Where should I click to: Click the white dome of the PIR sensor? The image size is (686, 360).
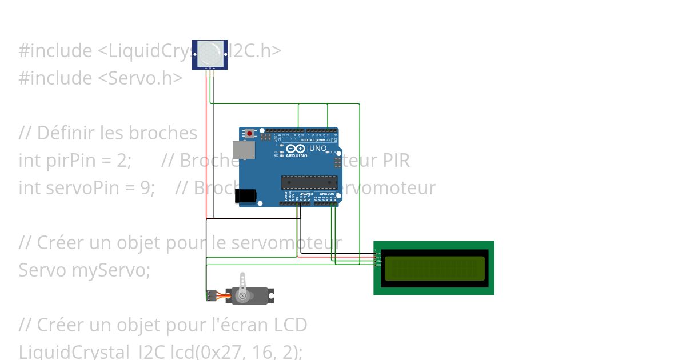[210, 54]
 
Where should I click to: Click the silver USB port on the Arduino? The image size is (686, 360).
[244, 150]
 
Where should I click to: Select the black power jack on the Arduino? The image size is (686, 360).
[245, 196]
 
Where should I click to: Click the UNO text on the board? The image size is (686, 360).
[318, 149]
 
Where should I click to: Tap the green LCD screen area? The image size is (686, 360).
[434, 269]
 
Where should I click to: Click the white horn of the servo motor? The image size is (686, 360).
[244, 283]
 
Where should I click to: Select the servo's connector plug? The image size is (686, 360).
[210, 296]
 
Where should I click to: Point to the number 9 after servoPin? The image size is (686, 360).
[144, 188]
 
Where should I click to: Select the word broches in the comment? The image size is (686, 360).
[163, 133]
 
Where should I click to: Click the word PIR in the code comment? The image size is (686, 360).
[397, 161]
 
